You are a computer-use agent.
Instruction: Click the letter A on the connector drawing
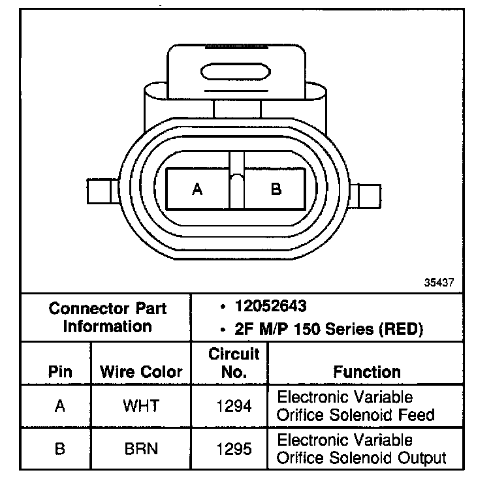point(197,189)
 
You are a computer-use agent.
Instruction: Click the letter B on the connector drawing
point(276,189)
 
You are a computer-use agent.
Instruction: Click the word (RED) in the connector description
point(401,329)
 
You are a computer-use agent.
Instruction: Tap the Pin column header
point(59,372)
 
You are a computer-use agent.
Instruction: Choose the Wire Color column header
point(141,372)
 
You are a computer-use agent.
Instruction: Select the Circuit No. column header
point(234,364)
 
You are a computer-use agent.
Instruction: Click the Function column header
point(367,372)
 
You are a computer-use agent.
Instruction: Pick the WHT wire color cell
point(141,406)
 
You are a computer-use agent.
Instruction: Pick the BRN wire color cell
point(141,450)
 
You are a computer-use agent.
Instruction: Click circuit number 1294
point(233,406)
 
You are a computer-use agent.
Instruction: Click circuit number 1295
point(233,450)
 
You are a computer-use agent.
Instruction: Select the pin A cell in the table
point(59,406)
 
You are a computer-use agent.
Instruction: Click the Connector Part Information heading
point(107,317)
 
